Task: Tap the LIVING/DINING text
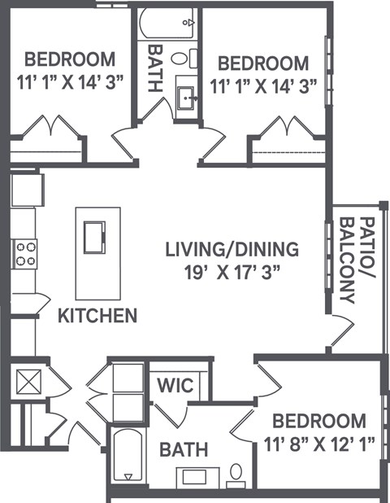(232, 248)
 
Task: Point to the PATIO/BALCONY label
(357, 260)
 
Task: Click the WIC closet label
(175, 383)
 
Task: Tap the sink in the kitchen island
(96, 236)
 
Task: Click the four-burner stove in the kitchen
(24, 254)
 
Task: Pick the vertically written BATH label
(155, 60)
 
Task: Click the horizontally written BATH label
(183, 448)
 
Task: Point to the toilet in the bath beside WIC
(236, 471)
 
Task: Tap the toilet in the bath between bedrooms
(194, 58)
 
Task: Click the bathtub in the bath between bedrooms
(167, 24)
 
